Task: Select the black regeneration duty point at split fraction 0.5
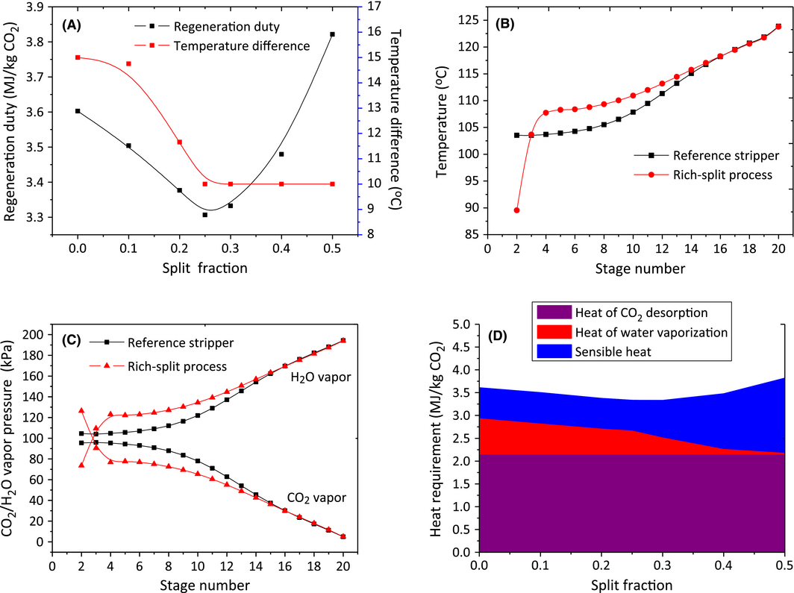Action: [x=332, y=34]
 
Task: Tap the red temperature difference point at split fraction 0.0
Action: [x=78, y=57]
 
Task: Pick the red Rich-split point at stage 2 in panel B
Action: [x=516, y=210]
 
